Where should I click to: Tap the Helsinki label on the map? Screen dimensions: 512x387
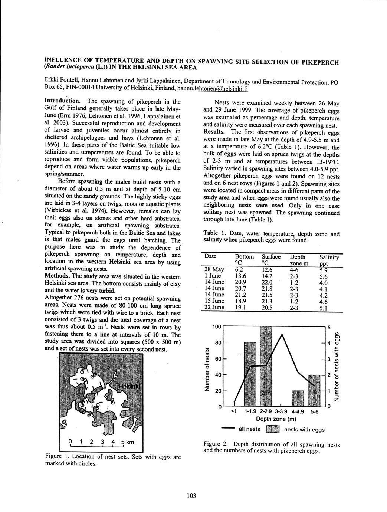[x=129, y=386]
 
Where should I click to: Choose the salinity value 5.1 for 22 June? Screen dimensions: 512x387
[x=323, y=307]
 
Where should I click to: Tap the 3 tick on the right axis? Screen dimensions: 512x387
[x=328, y=359]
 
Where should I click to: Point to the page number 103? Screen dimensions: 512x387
[x=191, y=496]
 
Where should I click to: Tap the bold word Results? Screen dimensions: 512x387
[x=214, y=132]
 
